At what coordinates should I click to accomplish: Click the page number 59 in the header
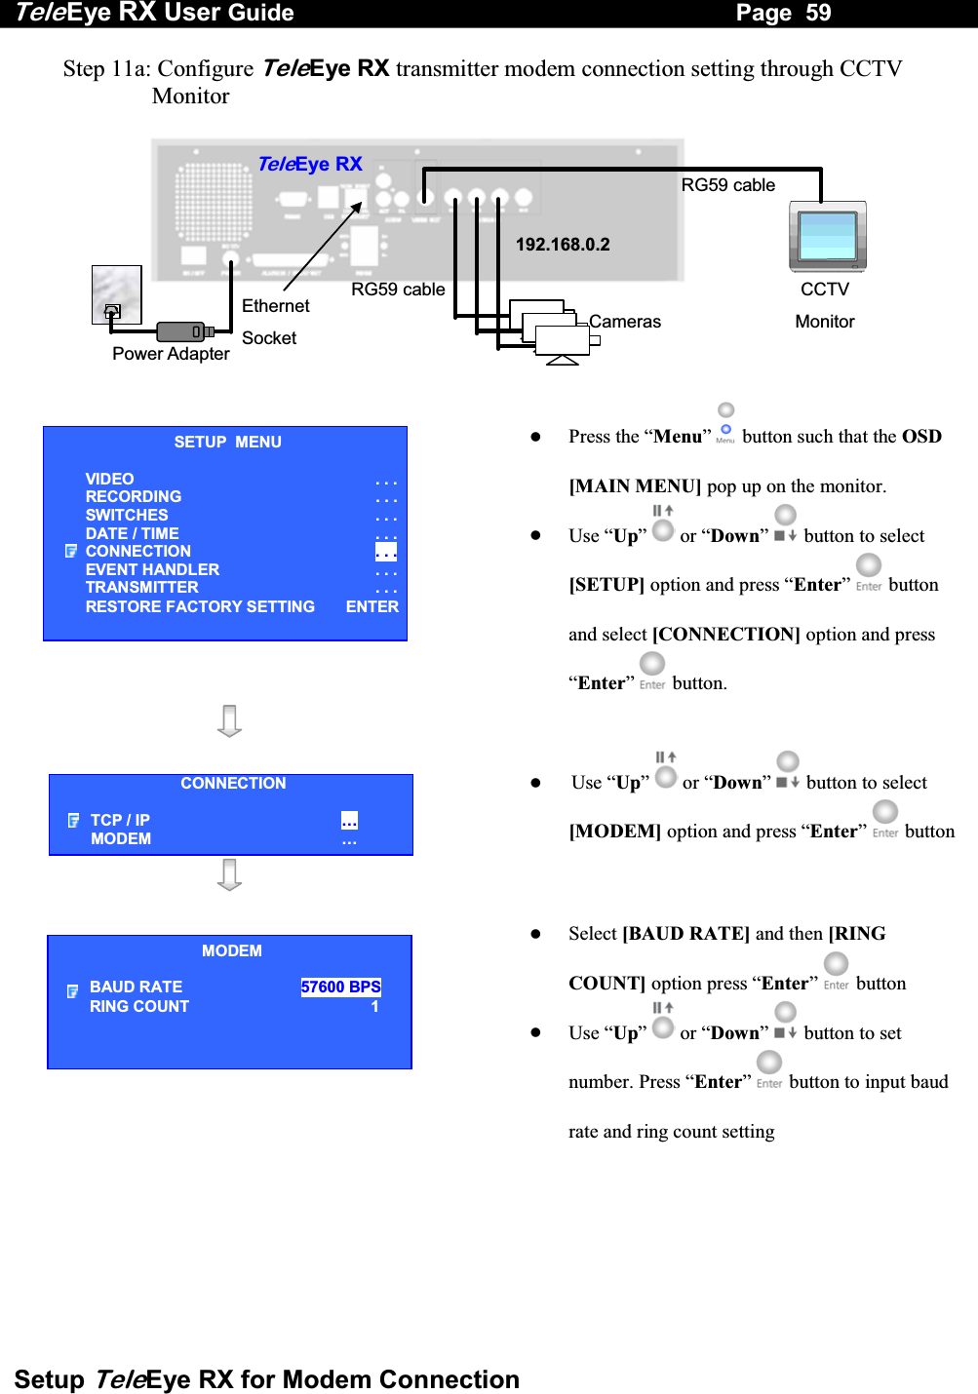point(817,13)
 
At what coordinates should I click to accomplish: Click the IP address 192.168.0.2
point(563,245)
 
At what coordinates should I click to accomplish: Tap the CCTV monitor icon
point(827,237)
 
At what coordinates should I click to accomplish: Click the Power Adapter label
point(171,354)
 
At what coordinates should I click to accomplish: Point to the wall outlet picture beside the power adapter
point(116,294)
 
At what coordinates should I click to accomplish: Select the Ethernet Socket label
point(275,322)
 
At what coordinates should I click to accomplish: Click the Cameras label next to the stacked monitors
point(625,322)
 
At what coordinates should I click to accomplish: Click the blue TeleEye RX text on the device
point(309,164)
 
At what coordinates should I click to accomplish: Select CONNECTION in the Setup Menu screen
point(137,552)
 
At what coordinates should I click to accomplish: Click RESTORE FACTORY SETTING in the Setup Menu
point(200,607)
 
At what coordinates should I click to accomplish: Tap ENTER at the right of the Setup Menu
point(372,607)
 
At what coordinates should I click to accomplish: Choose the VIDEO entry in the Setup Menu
point(109,479)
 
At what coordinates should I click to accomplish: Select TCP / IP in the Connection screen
point(120,821)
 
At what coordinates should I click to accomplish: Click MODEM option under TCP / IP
point(121,839)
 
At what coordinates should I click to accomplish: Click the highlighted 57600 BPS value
point(340,987)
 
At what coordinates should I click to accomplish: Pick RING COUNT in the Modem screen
point(139,1006)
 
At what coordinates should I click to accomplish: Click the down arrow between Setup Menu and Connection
point(229,720)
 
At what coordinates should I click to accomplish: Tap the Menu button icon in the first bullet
point(725,429)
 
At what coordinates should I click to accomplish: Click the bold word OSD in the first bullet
point(920,437)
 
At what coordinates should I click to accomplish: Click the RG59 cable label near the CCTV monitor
point(727,185)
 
